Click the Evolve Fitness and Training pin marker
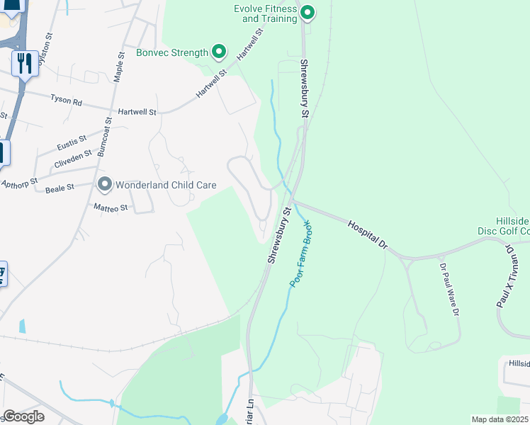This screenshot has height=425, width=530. pos(308,13)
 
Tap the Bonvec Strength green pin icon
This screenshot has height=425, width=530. pos(219,52)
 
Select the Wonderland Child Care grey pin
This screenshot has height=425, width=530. pos(105,185)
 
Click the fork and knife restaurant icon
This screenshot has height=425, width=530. pos(25,64)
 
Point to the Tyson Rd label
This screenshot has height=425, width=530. pos(67,101)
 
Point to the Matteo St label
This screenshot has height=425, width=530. pos(111,208)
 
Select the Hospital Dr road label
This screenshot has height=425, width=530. pos(368,234)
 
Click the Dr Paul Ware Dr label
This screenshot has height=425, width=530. pos(449,290)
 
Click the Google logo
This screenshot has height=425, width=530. pos(23,416)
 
